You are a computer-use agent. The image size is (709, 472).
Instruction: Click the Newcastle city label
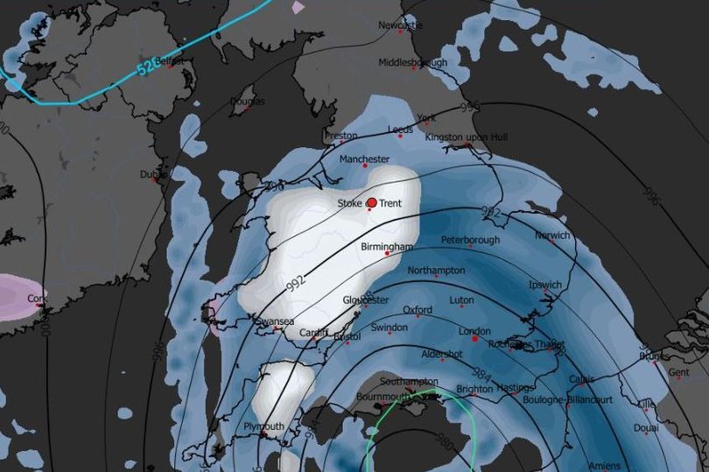(400, 25)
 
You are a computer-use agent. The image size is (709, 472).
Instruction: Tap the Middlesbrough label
(412, 63)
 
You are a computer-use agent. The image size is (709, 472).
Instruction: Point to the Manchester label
(364, 159)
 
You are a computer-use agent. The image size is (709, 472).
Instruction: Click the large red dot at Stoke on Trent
(371, 203)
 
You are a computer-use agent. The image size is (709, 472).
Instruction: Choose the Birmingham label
(386, 247)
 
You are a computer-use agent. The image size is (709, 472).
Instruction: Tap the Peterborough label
(470, 240)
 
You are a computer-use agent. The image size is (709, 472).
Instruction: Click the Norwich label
(552, 236)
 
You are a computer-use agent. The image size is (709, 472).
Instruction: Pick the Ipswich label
(544, 285)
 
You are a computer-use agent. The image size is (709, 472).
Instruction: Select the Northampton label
(436, 271)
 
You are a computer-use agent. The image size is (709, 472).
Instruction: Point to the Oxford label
(418, 310)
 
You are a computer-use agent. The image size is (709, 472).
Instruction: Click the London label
(474, 331)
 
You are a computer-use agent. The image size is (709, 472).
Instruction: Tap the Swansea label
(273, 321)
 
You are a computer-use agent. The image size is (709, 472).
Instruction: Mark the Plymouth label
(263, 426)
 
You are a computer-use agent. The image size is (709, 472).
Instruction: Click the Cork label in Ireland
(37, 298)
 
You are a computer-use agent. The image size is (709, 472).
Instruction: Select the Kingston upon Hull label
(466, 137)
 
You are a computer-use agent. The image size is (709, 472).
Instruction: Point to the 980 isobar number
(444, 442)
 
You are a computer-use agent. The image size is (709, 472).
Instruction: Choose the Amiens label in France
(603, 465)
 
